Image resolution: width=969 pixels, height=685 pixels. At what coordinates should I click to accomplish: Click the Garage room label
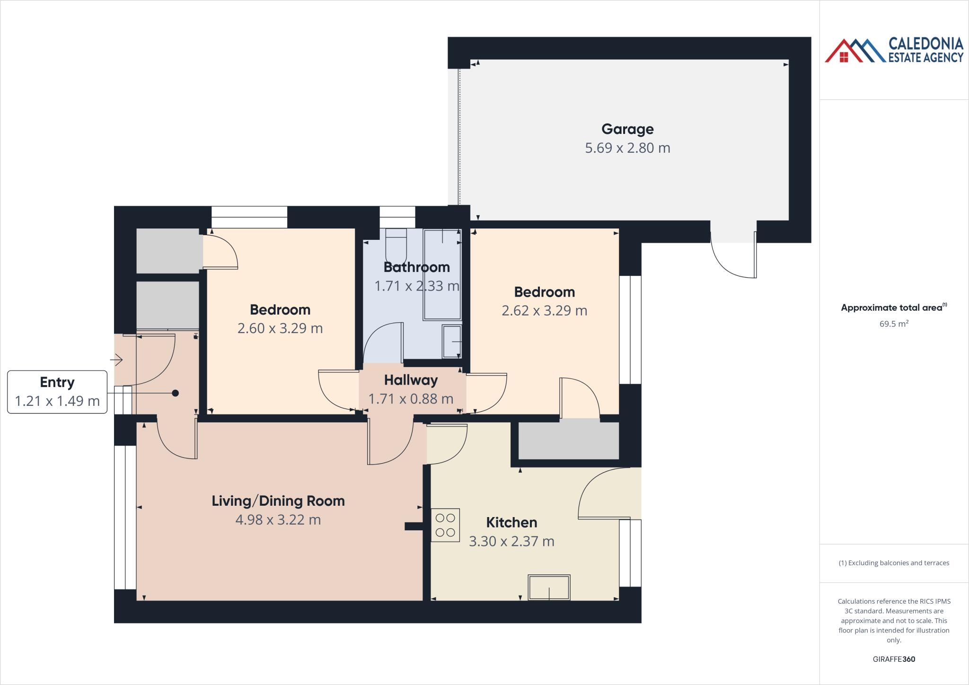click(x=627, y=129)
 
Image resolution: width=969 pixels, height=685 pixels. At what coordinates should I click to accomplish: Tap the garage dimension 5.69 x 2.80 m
click(x=627, y=148)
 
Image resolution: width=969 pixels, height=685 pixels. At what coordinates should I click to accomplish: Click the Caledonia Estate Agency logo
click(x=893, y=51)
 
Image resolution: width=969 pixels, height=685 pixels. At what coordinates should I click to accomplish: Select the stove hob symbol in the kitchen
click(x=445, y=525)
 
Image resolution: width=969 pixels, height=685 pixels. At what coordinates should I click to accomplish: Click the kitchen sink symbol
click(x=549, y=587)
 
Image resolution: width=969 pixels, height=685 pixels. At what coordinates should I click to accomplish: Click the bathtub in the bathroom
click(x=442, y=274)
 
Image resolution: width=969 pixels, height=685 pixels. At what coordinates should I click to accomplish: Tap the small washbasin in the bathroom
click(x=451, y=341)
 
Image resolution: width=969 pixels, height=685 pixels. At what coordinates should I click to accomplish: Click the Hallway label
click(x=411, y=380)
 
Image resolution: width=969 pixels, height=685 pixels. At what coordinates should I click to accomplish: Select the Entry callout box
click(x=57, y=392)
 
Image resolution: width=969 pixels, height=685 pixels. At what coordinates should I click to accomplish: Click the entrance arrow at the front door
click(x=116, y=360)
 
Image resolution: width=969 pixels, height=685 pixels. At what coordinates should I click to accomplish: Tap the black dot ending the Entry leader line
click(x=176, y=393)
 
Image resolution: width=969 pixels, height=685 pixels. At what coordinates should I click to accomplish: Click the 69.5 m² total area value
click(x=893, y=324)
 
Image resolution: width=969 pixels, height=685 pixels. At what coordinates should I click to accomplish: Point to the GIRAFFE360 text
click(x=893, y=659)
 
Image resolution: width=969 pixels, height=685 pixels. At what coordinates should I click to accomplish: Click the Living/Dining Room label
click(x=278, y=501)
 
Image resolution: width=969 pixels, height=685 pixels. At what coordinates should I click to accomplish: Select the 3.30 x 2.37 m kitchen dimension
click(x=511, y=541)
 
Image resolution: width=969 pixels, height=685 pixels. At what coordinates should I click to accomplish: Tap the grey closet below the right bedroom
click(x=568, y=440)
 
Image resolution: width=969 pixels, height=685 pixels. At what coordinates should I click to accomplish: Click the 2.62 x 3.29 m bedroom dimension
click(x=544, y=311)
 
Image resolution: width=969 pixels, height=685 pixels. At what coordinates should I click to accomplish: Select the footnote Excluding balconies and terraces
click(x=893, y=563)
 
